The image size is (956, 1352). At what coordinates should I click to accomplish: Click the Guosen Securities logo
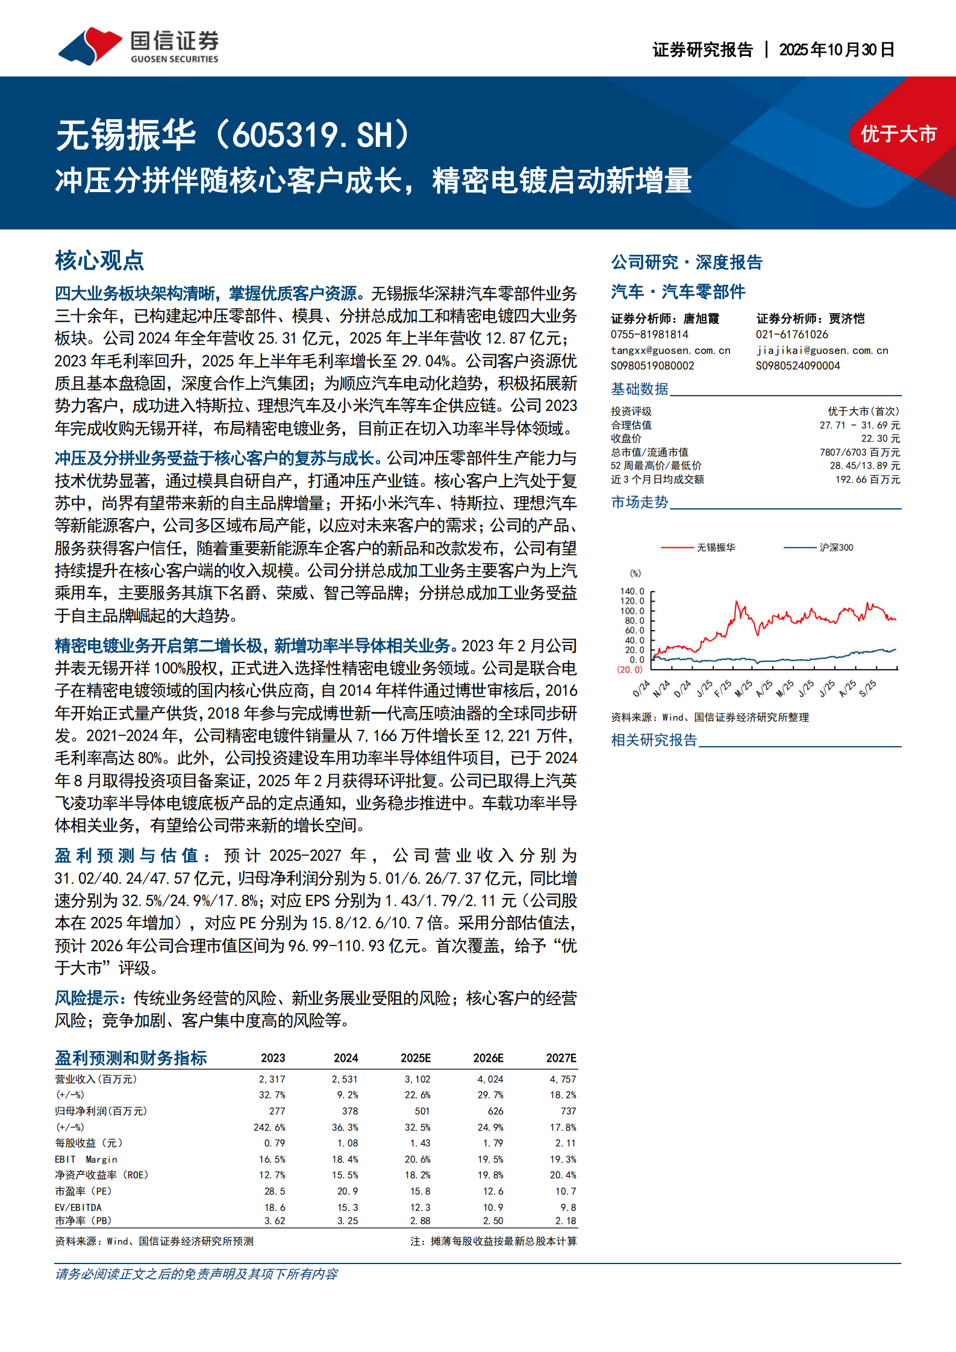(x=138, y=46)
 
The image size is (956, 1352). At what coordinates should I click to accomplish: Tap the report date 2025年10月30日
(x=836, y=50)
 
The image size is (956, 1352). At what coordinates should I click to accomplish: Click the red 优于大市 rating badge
(x=898, y=134)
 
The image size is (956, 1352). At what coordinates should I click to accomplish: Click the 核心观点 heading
(x=99, y=261)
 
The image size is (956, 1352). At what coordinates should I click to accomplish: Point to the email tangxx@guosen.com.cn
(x=670, y=350)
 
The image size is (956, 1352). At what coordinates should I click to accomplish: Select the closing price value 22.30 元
(x=880, y=438)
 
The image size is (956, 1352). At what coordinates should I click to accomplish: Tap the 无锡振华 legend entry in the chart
(x=716, y=547)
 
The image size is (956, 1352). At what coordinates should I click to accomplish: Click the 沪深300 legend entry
(x=836, y=547)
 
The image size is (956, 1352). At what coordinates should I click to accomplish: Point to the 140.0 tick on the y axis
(x=632, y=591)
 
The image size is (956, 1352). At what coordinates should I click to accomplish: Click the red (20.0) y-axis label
(x=630, y=670)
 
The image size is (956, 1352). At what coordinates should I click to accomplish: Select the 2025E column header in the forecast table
(x=416, y=1058)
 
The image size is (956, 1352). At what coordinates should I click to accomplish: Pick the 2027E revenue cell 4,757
(x=563, y=1079)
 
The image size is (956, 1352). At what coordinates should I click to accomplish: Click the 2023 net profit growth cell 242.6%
(x=269, y=1127)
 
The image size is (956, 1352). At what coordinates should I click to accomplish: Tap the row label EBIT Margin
(x=86, y=1159)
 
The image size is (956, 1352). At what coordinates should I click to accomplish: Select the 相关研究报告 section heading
(x=654, y=740)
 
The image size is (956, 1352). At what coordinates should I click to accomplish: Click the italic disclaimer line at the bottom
(x=196, y=1274)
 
